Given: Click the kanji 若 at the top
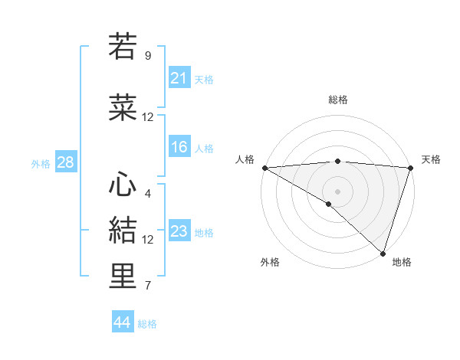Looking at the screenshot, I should [123, 47].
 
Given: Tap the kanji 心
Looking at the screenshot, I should [123, 184].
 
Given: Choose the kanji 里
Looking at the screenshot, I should [123, 277].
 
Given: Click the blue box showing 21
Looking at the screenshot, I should [179, 78].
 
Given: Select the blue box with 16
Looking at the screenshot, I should [179, 147].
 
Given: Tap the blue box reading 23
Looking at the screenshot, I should [179, 232].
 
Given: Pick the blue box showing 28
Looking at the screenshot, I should [65, 162].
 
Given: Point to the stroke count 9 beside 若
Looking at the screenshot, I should [148, 56].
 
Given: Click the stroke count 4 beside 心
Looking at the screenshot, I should [148, 193].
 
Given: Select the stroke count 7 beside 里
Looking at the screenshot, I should [148, 286].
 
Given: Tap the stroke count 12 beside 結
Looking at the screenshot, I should [148, 240].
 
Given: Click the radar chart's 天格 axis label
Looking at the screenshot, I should [431, 159].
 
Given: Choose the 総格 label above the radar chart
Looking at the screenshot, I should [337, 100].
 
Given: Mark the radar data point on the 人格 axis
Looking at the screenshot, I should [264, 168].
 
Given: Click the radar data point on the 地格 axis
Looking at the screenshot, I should [383, 253].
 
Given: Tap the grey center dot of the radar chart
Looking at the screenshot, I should [337, 191].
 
